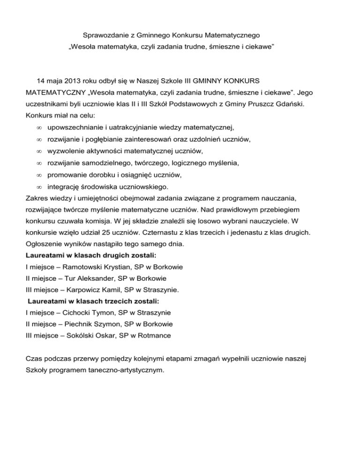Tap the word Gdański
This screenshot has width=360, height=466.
[x=288, y=102]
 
